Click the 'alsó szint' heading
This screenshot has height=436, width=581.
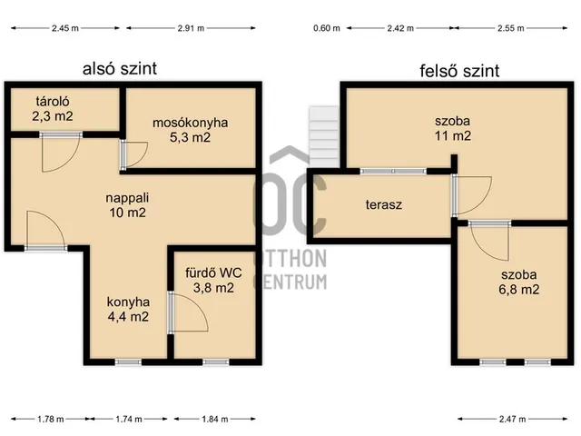pyautogui.click(x=120, y=69)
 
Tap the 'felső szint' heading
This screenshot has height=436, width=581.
pyautogui.click(x=459, y=71)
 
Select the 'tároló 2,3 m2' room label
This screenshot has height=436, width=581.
pyautogui.click(x=53, y=109)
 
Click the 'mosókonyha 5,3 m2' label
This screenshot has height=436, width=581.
pyautogui.click(x=190, y=130)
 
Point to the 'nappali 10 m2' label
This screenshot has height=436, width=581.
pyautogui.click(x=127, y=205)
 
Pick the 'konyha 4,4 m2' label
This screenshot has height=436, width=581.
pyautogui.click(x=128, y=309)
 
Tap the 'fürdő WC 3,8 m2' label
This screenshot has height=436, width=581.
pyautogui.click(x=213, y=281)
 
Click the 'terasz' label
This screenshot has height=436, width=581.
pyautogui.click(x=384, y=204)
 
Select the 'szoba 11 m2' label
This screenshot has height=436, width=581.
pyautogui.click(x=453, y=128)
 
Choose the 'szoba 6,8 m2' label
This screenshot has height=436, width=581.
pyautogui.click(x=518, y=282)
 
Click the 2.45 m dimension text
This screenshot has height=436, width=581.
pyautogui.click(x=65, y=28)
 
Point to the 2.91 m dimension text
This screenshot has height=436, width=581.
pyautogui.click(x=191, y=28)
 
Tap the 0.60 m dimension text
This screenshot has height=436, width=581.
pyautogui.click(x=327, y=28)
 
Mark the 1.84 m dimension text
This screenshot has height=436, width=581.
pyautogui.click(x=215, y=420)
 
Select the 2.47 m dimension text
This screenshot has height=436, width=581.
pyautogui.click(x=512, y=420)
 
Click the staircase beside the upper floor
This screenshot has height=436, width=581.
pyautogui.click(x=324, y=136)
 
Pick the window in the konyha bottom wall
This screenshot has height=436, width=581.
pyautogui.click(x=128, y=362)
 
